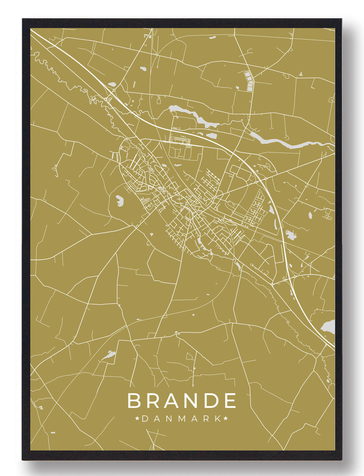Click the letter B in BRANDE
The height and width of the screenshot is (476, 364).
click(x=135, y=401)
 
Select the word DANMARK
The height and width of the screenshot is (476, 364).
click(x=182, y=419)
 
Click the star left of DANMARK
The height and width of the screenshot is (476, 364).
click(x=138, y=419)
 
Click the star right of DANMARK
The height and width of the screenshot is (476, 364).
click(x=226, y=419)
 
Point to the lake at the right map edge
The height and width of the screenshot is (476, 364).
click(x=328, y=327)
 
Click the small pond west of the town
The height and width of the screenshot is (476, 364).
click(x=120, y=200)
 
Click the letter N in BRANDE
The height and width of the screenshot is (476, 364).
click(x=191, y=401)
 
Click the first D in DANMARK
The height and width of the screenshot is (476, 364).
click(x=145, y=419)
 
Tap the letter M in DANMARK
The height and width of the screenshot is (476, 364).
click(x=182, y=419)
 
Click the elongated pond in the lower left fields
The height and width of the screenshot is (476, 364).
click(x=109, y=355)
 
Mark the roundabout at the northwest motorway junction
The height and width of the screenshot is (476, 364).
click(x=114, y=90)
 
